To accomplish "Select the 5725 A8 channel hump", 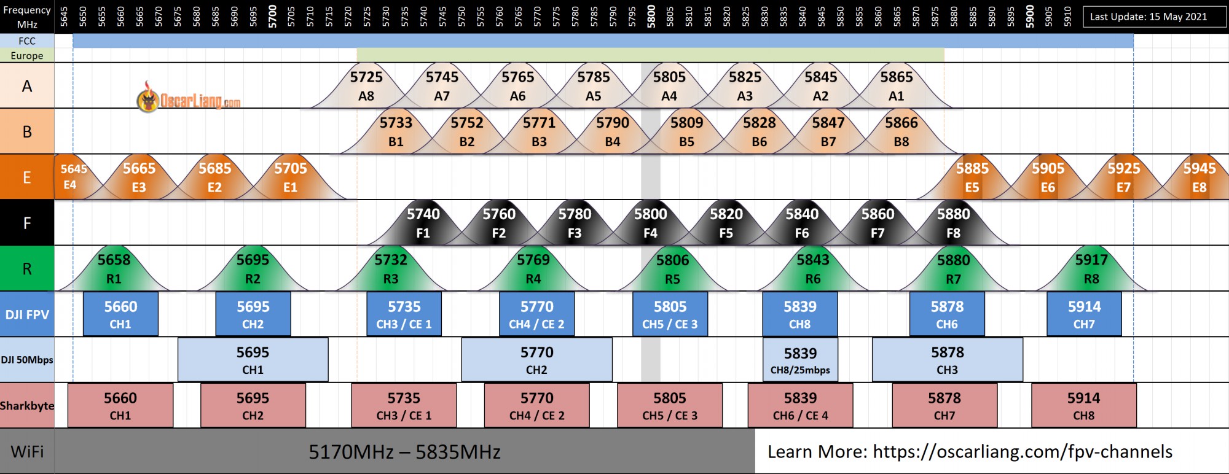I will click(366, 86).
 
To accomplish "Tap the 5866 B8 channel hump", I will click(901, 132).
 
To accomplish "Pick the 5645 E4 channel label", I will click(73, 177).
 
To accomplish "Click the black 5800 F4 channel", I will click(650, 223).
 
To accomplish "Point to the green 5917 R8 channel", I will click(1091, 269).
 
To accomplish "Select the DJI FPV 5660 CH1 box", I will click(120, 314).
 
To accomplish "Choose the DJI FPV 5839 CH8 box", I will click(800, 314).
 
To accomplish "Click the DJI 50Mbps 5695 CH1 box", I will click(253, 360).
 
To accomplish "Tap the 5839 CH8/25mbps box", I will click(800, 360).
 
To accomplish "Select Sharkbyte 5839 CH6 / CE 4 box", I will click(800, 406).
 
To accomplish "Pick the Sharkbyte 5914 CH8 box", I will click(1084, 406).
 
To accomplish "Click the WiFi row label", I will click(27, 452).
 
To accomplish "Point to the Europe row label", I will click(27, 55).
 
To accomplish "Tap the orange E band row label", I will click(27, 177).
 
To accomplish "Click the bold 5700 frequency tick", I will click(272, 16).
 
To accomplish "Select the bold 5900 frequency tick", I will click(1030, 16).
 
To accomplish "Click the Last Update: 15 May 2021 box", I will click(1149, 17).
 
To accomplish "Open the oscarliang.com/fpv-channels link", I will click(1023, 452).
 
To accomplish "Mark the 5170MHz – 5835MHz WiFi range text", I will click(404, 453).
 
